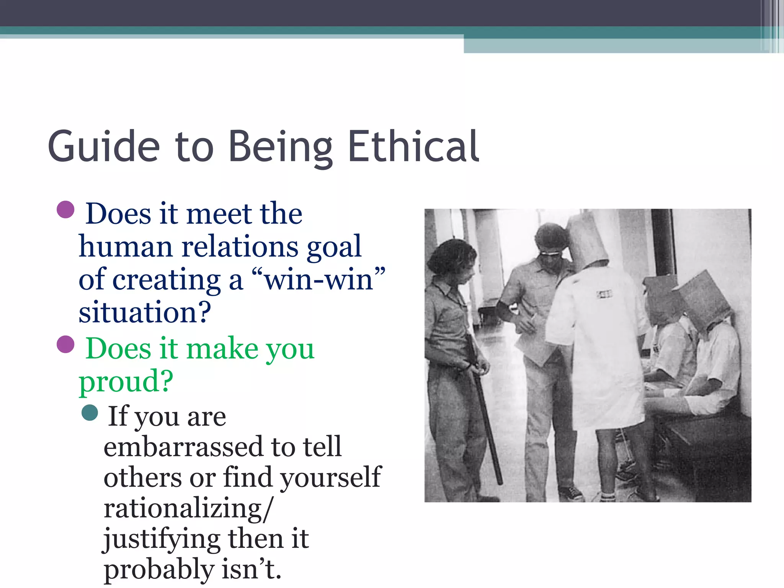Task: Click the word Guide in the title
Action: (104, 147)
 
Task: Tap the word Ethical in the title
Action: (413, 147)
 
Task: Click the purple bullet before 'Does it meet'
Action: (65, 209)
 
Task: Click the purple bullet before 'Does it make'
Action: (65, 344)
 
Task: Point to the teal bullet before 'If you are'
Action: (90, 413)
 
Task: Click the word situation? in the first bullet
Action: (145, 312)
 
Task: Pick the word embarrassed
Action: (183, 446)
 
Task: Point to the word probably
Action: (158, 569)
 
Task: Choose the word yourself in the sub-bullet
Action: (331, 477)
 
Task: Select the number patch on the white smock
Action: (604, 294)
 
